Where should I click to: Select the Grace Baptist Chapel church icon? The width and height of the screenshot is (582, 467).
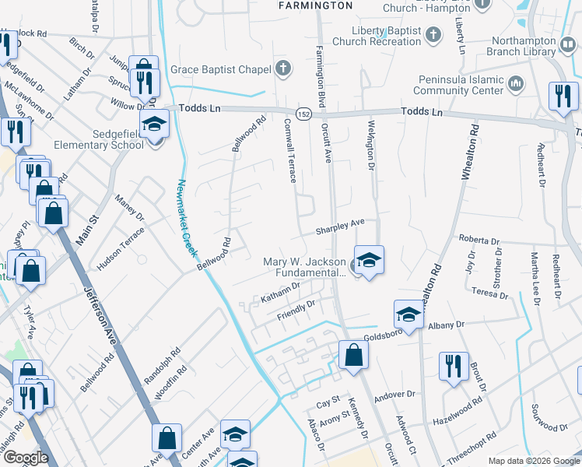[282, 69]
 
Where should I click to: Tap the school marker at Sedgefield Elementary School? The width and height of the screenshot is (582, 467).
[154, 125]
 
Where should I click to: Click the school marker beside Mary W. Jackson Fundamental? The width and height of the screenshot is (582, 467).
[369, 259]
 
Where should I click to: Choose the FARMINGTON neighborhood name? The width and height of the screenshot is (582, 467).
[316, 5]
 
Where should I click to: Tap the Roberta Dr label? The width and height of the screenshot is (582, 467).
[478, 240]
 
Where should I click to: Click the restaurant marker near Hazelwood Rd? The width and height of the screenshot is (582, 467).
[454, 366]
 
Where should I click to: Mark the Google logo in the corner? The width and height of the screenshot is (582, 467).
[26, 458]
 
